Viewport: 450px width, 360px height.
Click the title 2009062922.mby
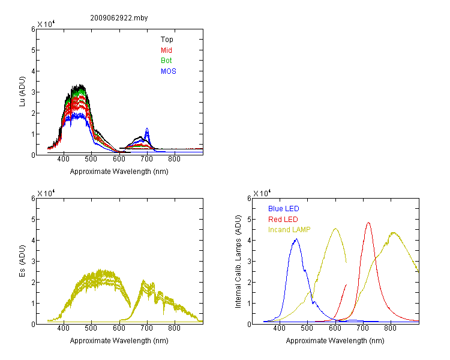(x=119, y=18)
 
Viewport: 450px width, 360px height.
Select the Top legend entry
(x=167, y=40)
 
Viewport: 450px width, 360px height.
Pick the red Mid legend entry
(x=166, y=50)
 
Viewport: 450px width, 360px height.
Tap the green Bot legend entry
(x=166, y=61)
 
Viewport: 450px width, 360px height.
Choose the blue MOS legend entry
(x=168, y=71)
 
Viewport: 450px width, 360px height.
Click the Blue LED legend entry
(x=284, y=209)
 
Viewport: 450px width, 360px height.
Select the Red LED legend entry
(x=283, y=220)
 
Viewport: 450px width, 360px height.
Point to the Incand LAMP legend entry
(x=289, y=230)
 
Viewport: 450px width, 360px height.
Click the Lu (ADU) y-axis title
(x=22, y=92)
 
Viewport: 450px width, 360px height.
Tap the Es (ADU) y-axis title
(x=22, y=261)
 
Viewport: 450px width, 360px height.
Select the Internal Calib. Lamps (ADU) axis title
(x=238, y=262)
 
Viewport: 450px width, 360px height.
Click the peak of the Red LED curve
(x=368, y=223)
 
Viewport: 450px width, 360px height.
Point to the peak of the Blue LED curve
(x=296, y=239)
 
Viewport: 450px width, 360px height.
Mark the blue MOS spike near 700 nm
(x=147, y=128)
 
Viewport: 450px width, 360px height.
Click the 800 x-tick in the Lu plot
(x=174, y=159)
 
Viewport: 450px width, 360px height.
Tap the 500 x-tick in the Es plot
(x=91, y=328)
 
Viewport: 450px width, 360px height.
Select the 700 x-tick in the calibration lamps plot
(x=362, y=328)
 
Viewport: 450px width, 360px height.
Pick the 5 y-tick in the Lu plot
(x=33, y=50)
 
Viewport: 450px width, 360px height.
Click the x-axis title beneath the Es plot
(x=119, y=341)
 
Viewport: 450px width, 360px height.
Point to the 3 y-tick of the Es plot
(x=33, y=262)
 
